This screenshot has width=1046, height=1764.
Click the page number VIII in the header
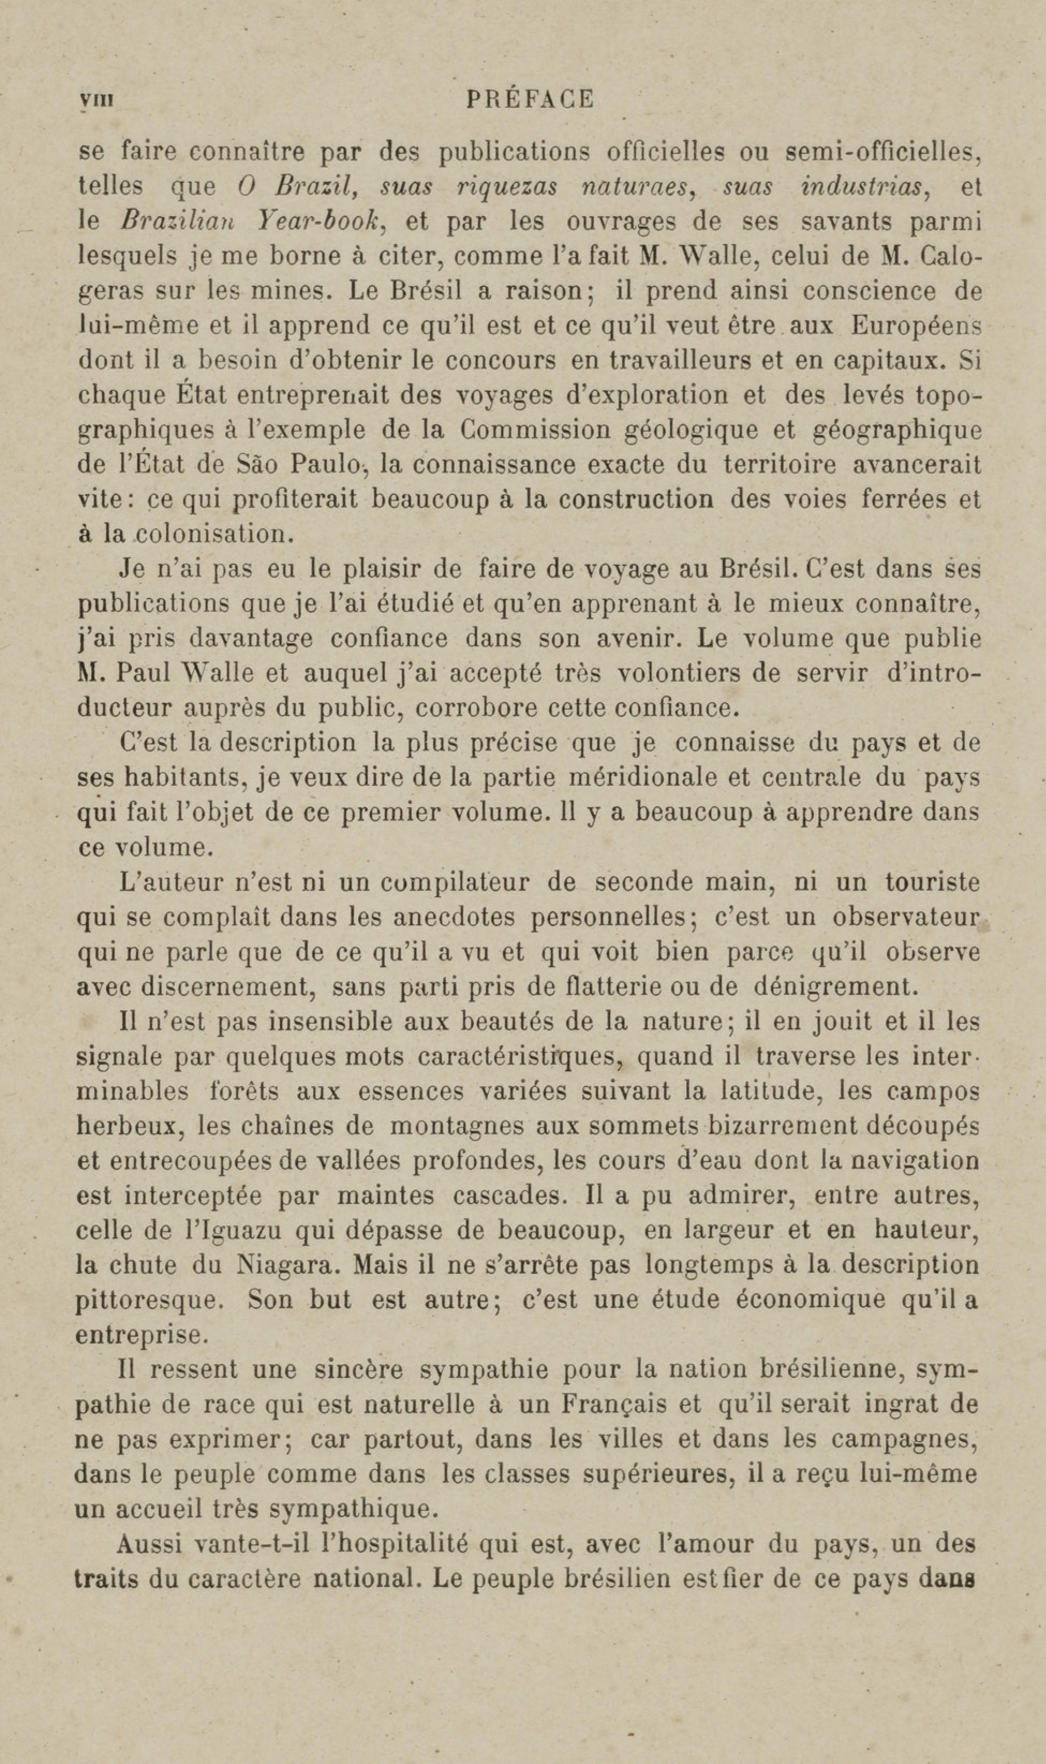point(96,100)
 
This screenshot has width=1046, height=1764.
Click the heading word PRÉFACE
point(530,99)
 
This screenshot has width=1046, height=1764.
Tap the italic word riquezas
point(508,187)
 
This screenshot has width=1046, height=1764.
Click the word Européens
point(916,326)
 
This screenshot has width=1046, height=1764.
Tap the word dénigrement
point(836,987)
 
